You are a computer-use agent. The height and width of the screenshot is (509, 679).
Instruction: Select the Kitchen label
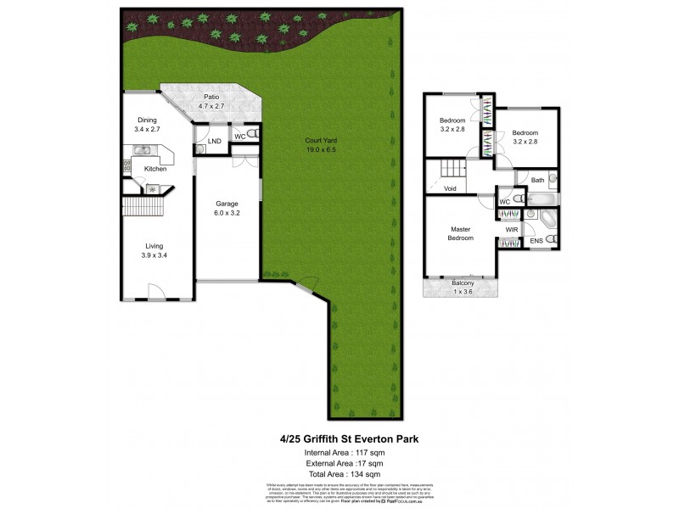click(154, 170)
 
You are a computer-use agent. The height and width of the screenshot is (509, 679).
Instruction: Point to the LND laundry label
click(215, 141)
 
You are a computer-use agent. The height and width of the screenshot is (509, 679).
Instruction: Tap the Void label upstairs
click(450, 188)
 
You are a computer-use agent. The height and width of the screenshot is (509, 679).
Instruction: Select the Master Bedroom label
click(460, 233)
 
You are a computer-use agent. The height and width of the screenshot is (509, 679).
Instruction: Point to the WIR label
click(511, 230)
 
